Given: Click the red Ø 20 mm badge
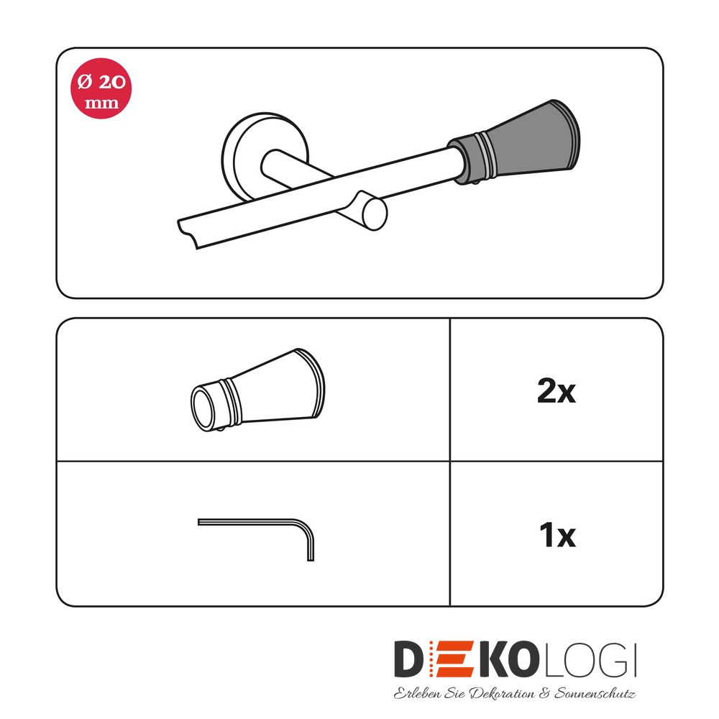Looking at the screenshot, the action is (x=101, y=88).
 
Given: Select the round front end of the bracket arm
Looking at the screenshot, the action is (x=375, y=214).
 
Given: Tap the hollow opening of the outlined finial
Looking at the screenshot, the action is (x=203, y=409).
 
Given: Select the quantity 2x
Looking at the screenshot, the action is (x=557, y=392).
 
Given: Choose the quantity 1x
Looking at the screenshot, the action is (x=558, y=535).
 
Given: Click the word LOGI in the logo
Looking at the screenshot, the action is (x=590, y=660).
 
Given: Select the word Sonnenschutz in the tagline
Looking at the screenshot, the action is (x=595, y=693).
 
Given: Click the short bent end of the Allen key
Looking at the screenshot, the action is (x=311, y=546).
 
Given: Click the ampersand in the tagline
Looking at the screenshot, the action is (x=544, y=693).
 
